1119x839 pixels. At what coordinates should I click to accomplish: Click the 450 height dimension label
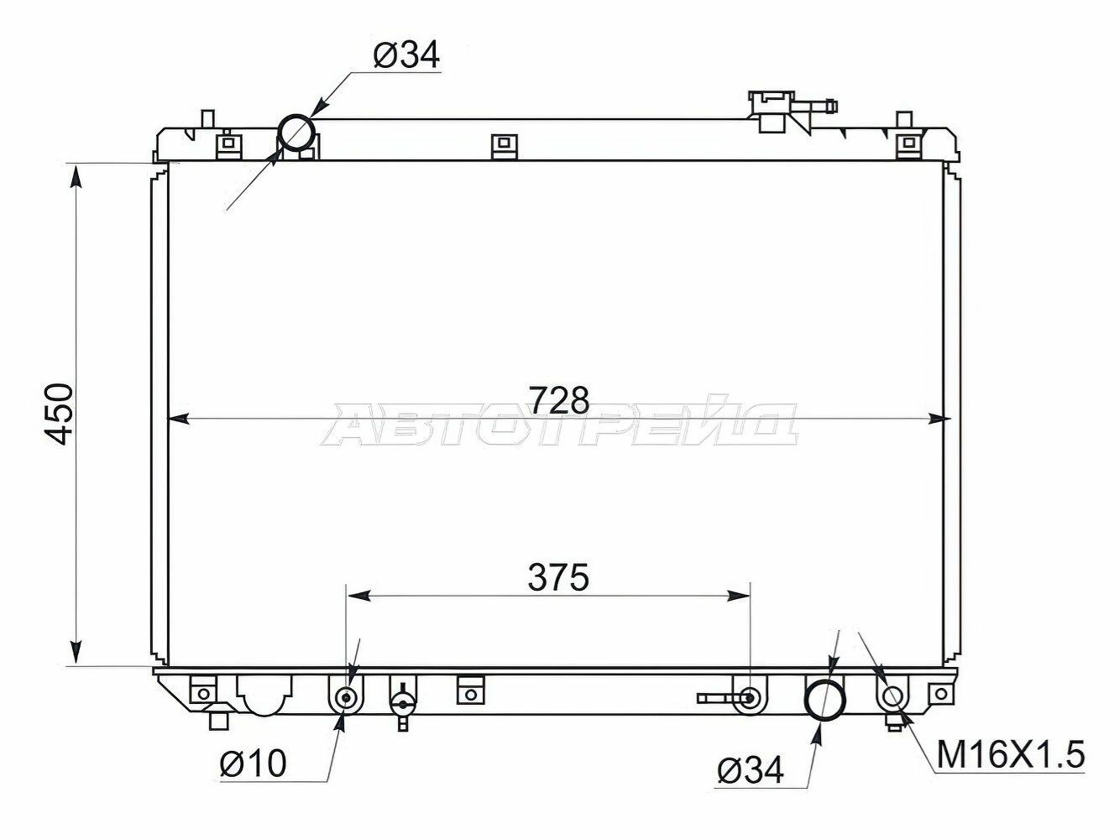(59, 415)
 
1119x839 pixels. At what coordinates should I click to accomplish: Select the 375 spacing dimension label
(559, 578)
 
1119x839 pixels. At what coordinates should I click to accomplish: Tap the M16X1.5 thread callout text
(1011, 755)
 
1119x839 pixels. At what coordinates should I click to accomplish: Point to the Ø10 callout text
(253, 764)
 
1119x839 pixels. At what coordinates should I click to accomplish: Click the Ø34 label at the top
(406, 55)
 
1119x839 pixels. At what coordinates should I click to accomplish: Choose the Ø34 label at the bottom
(750, 771)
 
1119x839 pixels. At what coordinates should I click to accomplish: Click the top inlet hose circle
(296, 117)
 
